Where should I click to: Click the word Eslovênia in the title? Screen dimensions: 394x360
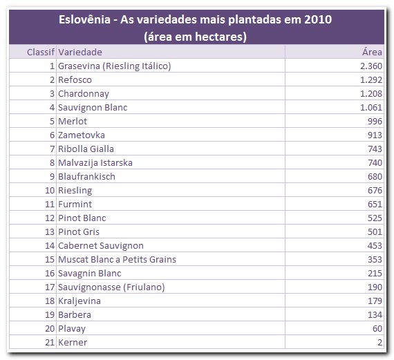[x=84, y=19]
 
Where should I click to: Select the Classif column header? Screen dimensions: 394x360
[x=41, y=53]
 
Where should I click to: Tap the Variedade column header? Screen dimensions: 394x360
[x=80, y=53]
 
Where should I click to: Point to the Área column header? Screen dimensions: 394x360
[x=372, y=52]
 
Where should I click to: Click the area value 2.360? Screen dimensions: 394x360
[x=371, y=66]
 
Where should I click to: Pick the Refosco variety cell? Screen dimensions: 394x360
[x=75, y=80]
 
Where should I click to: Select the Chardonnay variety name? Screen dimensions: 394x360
[x=84, y=94]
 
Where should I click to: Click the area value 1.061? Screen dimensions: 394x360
[x=371, y=108]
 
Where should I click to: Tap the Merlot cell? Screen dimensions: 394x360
[x=73, y=122]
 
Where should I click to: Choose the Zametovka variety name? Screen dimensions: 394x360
[x=82, y=135]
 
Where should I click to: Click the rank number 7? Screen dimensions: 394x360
[x=53, y=149]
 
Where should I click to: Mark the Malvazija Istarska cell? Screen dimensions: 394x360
[x=95, y=163]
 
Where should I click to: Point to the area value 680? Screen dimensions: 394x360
[x=375, y=177]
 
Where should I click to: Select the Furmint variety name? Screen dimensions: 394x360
[x=75, y=205]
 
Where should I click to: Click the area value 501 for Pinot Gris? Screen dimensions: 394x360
[x=375, y=232]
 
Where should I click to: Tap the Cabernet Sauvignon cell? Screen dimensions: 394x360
[x=101, y=246]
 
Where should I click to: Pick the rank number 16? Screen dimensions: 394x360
[x=50, y=274]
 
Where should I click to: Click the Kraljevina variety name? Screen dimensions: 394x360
[x=79, y=301]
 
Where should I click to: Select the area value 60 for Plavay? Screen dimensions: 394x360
[x=377, y=329]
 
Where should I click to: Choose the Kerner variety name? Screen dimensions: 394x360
[x=73, y=343]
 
